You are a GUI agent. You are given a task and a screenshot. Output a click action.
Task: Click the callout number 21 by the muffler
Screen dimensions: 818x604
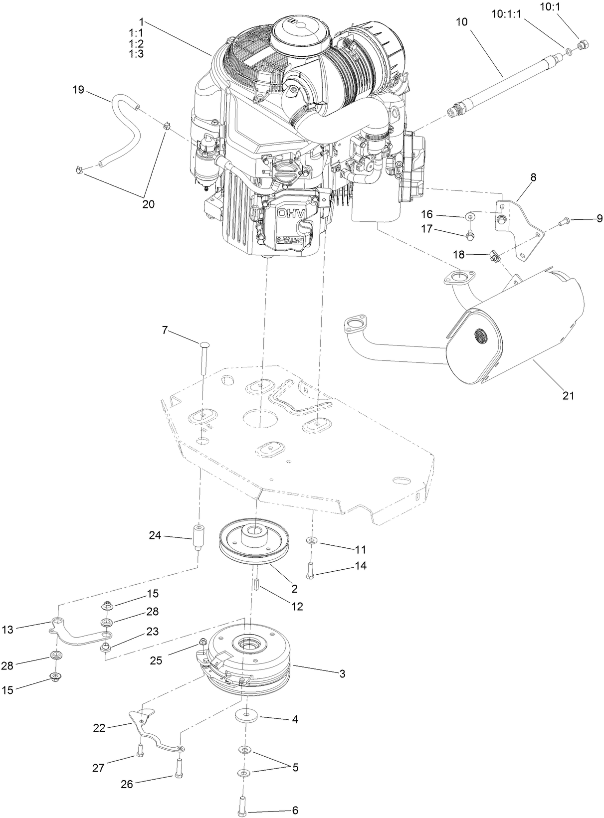pyautogui.click(x=568, y=396)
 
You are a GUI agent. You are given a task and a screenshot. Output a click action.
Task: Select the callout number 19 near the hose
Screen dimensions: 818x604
pyautogui.click(x=78, y=90)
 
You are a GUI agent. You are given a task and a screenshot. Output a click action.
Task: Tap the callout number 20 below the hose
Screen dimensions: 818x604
pyautogui.click(x=148, y=204)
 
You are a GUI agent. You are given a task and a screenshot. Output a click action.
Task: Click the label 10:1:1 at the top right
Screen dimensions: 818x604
pyautogui.click(x=506, y=15)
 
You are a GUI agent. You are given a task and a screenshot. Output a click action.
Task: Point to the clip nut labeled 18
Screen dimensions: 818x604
pyautogui.click(x=495, y=257)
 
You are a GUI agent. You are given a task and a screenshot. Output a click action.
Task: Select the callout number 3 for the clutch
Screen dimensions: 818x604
pyautogui.click(x=342, y=674)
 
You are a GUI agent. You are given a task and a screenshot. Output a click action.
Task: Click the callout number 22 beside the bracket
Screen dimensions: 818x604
pyautogui.click(x=100, y=728)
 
